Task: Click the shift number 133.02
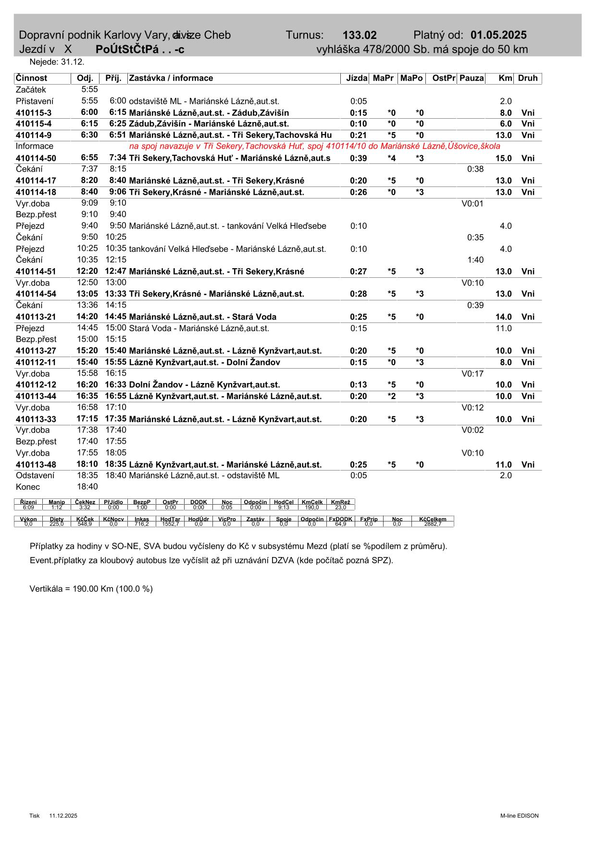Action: point(360,35)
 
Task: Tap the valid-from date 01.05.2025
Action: point(498,35)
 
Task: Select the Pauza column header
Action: point(471,78)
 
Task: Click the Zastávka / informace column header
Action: point(171,78)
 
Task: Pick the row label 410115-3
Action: point(34,113)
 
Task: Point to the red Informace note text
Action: point(314,147)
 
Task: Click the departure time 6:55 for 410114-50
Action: point(89,158)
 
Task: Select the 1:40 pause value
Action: point(475,260)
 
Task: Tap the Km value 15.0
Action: point(503,158)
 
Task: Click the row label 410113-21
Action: point(36,317)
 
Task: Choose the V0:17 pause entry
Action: point(472,374)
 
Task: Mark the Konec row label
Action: point(28,487)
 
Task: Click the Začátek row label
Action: point(31,90)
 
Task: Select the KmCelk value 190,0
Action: point(312,508)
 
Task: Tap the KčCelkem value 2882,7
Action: point(433,524)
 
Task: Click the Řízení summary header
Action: point(29,502)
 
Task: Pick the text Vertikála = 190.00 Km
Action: point(91,589)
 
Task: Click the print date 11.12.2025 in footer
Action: point(63,816)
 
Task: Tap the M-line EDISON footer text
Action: point(519,816)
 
